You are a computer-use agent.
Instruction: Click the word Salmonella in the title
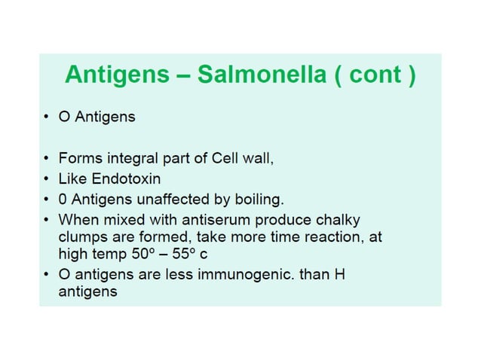click(266, 75)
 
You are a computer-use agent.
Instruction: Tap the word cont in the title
click(376, 75)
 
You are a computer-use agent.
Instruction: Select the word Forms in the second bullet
click(78, 160)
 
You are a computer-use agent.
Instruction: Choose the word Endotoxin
click(130, 180)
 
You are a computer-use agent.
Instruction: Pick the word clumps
click(81, 236)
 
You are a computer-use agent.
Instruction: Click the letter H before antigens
click(339, 274)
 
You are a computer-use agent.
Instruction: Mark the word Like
click(72, 180)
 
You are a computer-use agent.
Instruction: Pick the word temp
click(104, 255)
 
